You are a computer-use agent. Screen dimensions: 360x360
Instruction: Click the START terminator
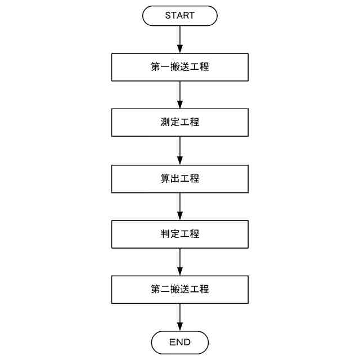[179, 16]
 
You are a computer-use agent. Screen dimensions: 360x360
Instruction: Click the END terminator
[179, 342]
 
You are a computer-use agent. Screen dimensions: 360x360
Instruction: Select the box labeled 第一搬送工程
[179, 67]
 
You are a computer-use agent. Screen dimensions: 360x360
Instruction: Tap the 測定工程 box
[179, 122]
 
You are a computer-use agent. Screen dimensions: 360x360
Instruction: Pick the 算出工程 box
[179, 179]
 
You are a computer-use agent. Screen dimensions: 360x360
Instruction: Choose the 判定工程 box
[179, 234]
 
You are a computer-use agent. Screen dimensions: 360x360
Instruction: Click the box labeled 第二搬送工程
[179, 290]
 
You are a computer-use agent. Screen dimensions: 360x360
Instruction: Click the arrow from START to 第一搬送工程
[179, 39]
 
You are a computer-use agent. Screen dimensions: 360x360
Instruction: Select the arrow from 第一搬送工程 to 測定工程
[179, 94]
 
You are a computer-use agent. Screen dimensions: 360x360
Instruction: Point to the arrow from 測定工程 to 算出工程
[179, 150]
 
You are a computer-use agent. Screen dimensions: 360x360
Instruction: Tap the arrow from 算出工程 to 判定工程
[179, 206]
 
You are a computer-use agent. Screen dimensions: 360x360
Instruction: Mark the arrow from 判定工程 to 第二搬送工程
[179, 262]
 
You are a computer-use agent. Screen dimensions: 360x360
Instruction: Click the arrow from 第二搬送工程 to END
[179, 317]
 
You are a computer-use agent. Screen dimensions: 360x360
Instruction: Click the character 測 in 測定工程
[165, 122]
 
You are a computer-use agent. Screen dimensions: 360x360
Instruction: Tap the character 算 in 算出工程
[165, 179]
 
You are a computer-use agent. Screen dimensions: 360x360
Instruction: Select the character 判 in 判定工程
[165, 234]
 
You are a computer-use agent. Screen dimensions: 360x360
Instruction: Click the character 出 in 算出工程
[175, 179]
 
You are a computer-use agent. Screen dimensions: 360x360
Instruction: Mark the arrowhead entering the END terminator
[179, 327]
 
